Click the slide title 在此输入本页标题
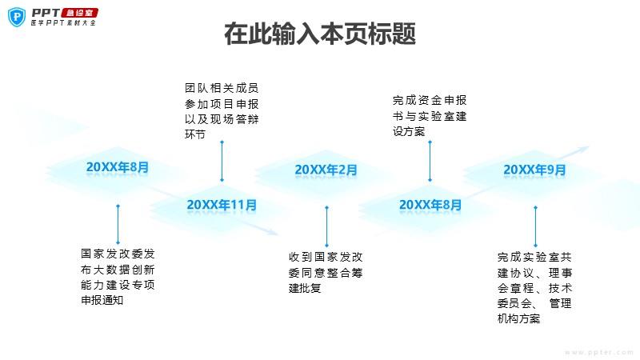320,35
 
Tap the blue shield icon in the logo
14,16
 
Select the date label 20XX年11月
222,205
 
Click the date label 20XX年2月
326,170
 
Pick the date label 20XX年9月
534,170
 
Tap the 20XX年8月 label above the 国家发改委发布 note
118,167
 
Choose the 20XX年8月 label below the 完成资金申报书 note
430,205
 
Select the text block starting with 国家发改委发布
118,277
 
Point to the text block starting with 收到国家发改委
326,273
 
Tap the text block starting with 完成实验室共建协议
534,288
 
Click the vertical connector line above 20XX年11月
222,161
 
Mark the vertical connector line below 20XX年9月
534,226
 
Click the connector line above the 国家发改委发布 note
118,226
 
